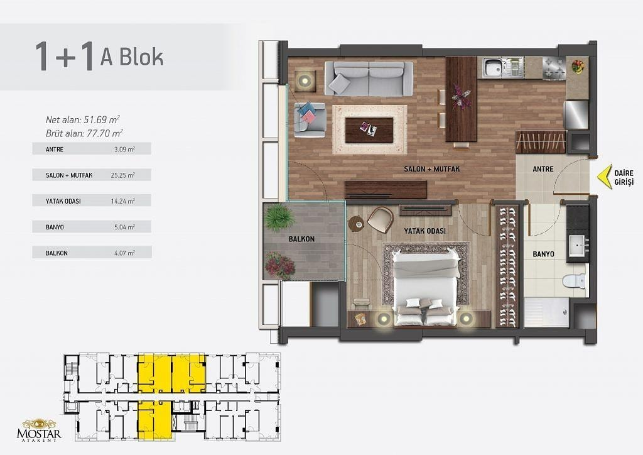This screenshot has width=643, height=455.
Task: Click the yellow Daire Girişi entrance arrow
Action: click(x=603, y=177)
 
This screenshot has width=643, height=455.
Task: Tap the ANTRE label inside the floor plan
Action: click(x=543, y=169)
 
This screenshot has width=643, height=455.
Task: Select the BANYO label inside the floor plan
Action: click(x=543, y=255)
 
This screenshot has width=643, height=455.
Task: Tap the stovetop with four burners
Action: click(x=554, y=68)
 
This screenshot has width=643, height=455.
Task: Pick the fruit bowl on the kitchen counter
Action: click(x=578, y=66)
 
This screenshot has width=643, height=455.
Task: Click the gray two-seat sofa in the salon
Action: click(x=369, y=79)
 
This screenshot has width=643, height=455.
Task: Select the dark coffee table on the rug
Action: click(x=369, y=129)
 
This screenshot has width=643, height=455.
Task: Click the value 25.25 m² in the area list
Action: click(x=123, y=175)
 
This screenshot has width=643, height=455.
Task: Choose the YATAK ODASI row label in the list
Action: click(x=63, y=201)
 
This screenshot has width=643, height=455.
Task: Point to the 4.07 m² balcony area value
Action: click(x=125, y=253)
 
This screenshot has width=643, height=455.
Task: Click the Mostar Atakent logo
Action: click(x=39, y=430)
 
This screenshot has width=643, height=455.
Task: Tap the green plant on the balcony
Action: click(x=280, y=217)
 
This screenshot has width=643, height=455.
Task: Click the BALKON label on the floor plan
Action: click(x=301, y=239)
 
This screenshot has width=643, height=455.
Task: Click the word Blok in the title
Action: click(x=132, y=57)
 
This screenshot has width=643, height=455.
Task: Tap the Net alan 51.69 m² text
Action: click(x=82, y=120)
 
